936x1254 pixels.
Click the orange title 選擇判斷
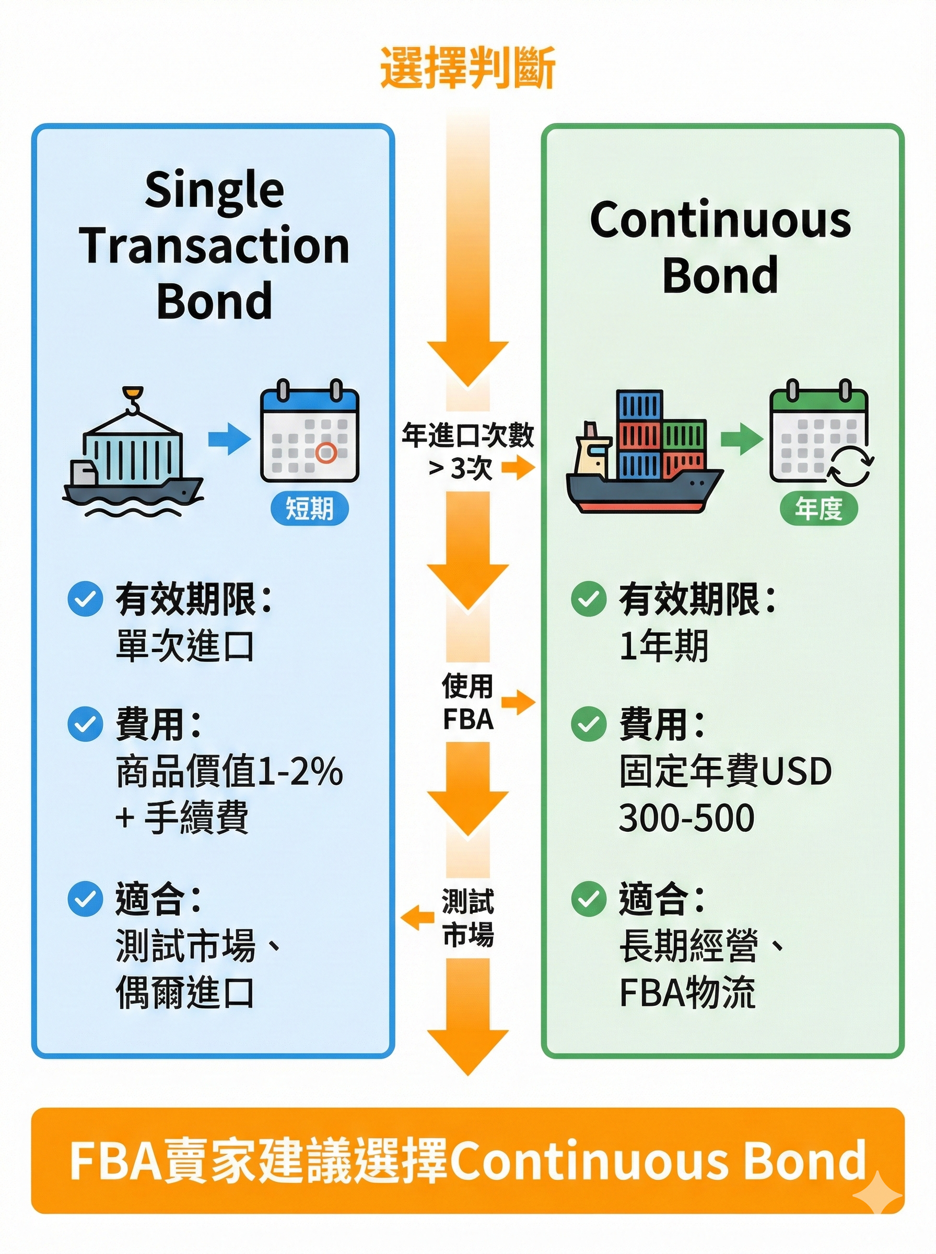(467, 68)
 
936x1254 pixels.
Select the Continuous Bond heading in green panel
(720, 247)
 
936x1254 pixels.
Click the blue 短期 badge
(309, 508)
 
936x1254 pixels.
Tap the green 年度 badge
(818, 508)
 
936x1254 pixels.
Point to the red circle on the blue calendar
(326, 452)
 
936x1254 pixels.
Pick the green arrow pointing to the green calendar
(741, 438)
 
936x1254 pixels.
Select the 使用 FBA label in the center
(467, 703)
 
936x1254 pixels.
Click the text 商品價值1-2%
(229, 772)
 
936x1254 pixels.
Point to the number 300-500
(687, 818)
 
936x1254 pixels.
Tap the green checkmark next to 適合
(589, 899)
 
